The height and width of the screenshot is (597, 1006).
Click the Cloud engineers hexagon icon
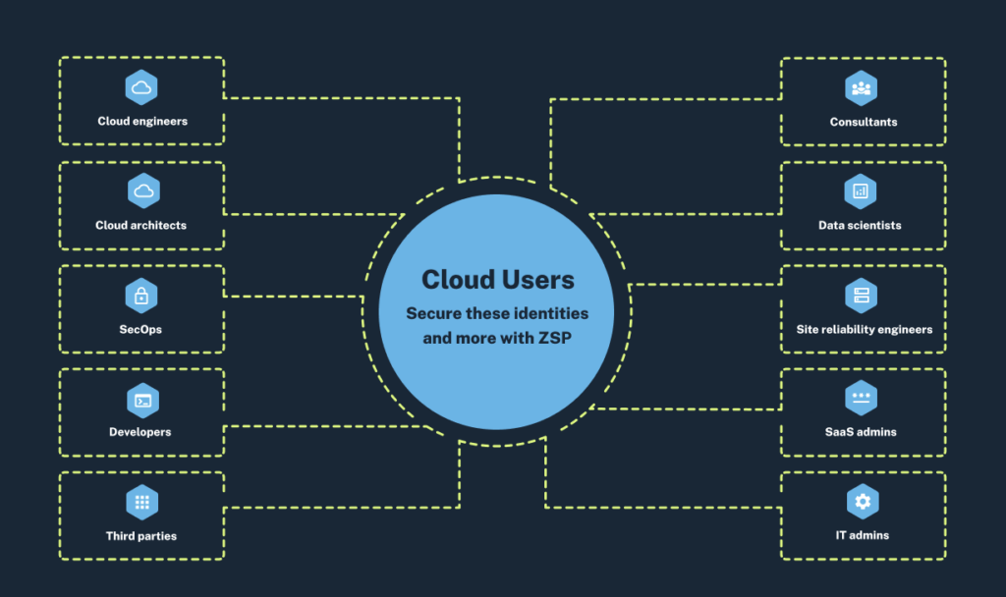(142, 88)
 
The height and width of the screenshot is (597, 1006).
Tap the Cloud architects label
(140, 226)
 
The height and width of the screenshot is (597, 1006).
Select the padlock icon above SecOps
(142, 296)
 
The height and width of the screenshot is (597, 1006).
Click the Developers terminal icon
(142, 400)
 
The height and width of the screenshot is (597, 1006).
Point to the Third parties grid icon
(142, 503)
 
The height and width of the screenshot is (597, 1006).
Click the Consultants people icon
(862, 88)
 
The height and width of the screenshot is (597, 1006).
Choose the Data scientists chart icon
(862, 191)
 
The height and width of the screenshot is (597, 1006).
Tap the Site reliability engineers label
(864, 330)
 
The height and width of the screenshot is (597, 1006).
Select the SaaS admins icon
(862, 399)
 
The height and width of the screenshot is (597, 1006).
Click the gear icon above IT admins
(862, 503)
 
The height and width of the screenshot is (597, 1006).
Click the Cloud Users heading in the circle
(497, 280)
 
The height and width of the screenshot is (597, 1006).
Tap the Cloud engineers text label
(142, 123)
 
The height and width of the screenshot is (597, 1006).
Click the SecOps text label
(140, 330)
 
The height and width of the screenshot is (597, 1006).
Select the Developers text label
(140, 432)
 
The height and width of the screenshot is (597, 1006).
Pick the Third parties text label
(141, 536)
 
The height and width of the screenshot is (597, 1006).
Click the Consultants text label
(863, 123)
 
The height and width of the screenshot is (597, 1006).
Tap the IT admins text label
(862, 536)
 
